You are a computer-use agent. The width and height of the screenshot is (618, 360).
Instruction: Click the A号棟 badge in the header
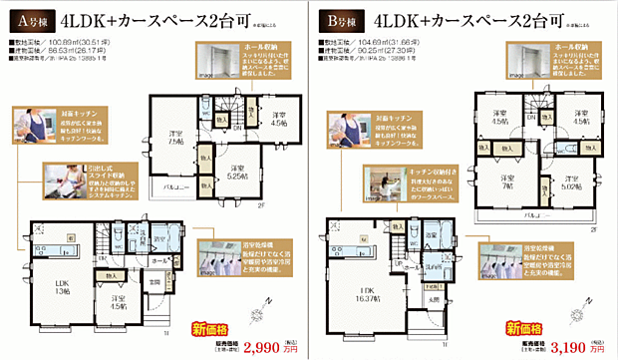[x=30, y=19]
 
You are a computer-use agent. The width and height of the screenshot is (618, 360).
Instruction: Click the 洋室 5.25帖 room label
[x=236, y=172]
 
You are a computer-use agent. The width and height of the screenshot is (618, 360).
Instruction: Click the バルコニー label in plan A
[x=177, y=188]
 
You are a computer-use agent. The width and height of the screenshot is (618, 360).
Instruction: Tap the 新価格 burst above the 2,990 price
[x=213, y=325]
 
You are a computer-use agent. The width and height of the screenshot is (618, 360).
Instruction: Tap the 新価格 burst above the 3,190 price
[x=523, y=326]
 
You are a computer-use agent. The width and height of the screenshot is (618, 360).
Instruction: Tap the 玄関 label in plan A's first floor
[x=155, y=283]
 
